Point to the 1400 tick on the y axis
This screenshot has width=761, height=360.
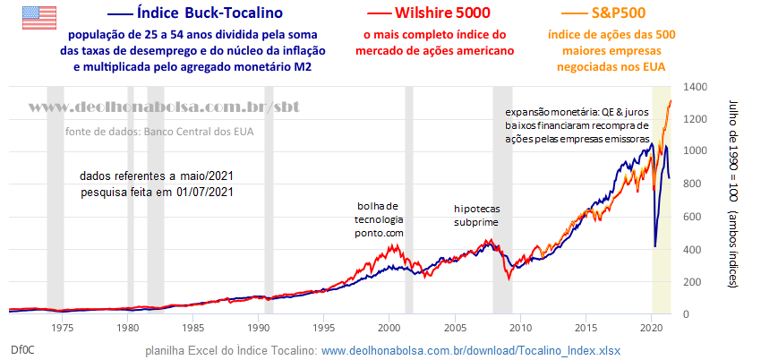tap(696, 87)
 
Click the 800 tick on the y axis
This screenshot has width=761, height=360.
tap(693, 184)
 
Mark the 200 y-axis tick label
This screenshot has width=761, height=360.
tap(693, 282)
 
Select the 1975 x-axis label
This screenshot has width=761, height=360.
tap(62, 328)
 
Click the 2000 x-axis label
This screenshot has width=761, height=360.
tap(389, 328)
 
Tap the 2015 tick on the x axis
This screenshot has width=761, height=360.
tap(586, 328)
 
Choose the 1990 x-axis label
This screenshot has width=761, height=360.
tap(259, 328)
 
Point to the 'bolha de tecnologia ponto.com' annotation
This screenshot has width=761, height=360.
tap(380, 219)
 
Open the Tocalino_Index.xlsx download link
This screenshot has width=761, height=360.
tap(471, 350)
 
